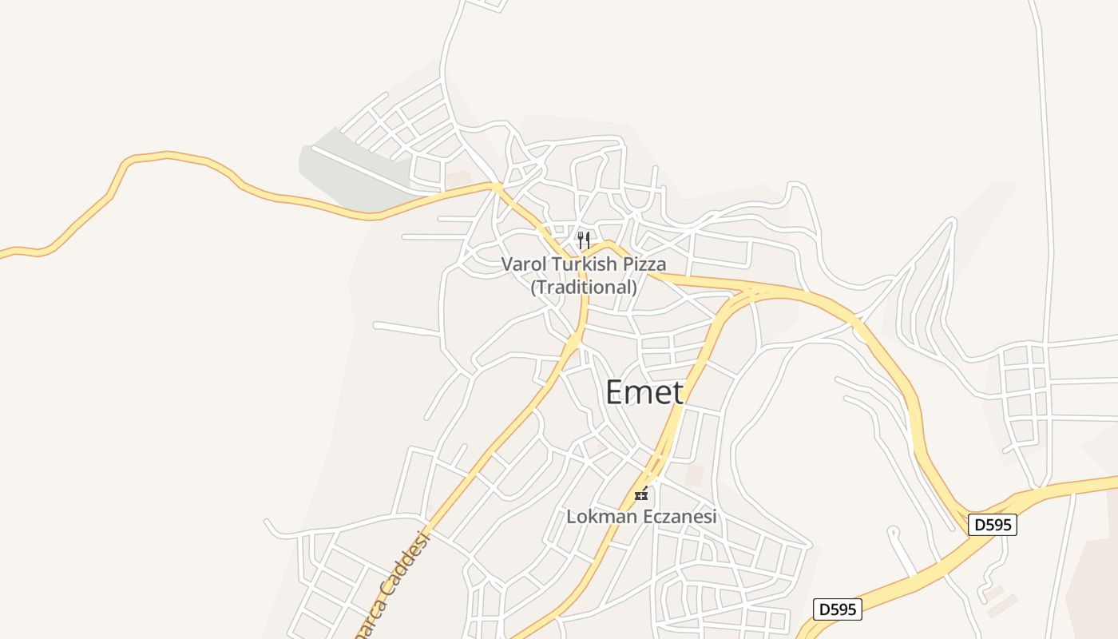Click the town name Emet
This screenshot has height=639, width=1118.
pyautogui.click(x=644, y=392)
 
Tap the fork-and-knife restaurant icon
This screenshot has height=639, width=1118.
pyautogui.click(x=584, y=240)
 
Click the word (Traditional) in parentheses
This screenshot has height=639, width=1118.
pyautogui.click(x=584, y=286)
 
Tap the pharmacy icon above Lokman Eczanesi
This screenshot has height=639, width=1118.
pyautogui.click(x=640, y=494)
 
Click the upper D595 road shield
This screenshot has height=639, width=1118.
pyautogui.click(x=993, y=525)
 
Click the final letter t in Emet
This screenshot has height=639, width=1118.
pyautogui.click(x=677, y=392)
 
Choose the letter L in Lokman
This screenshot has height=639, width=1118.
pyautogui.click(x=571, y=517)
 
